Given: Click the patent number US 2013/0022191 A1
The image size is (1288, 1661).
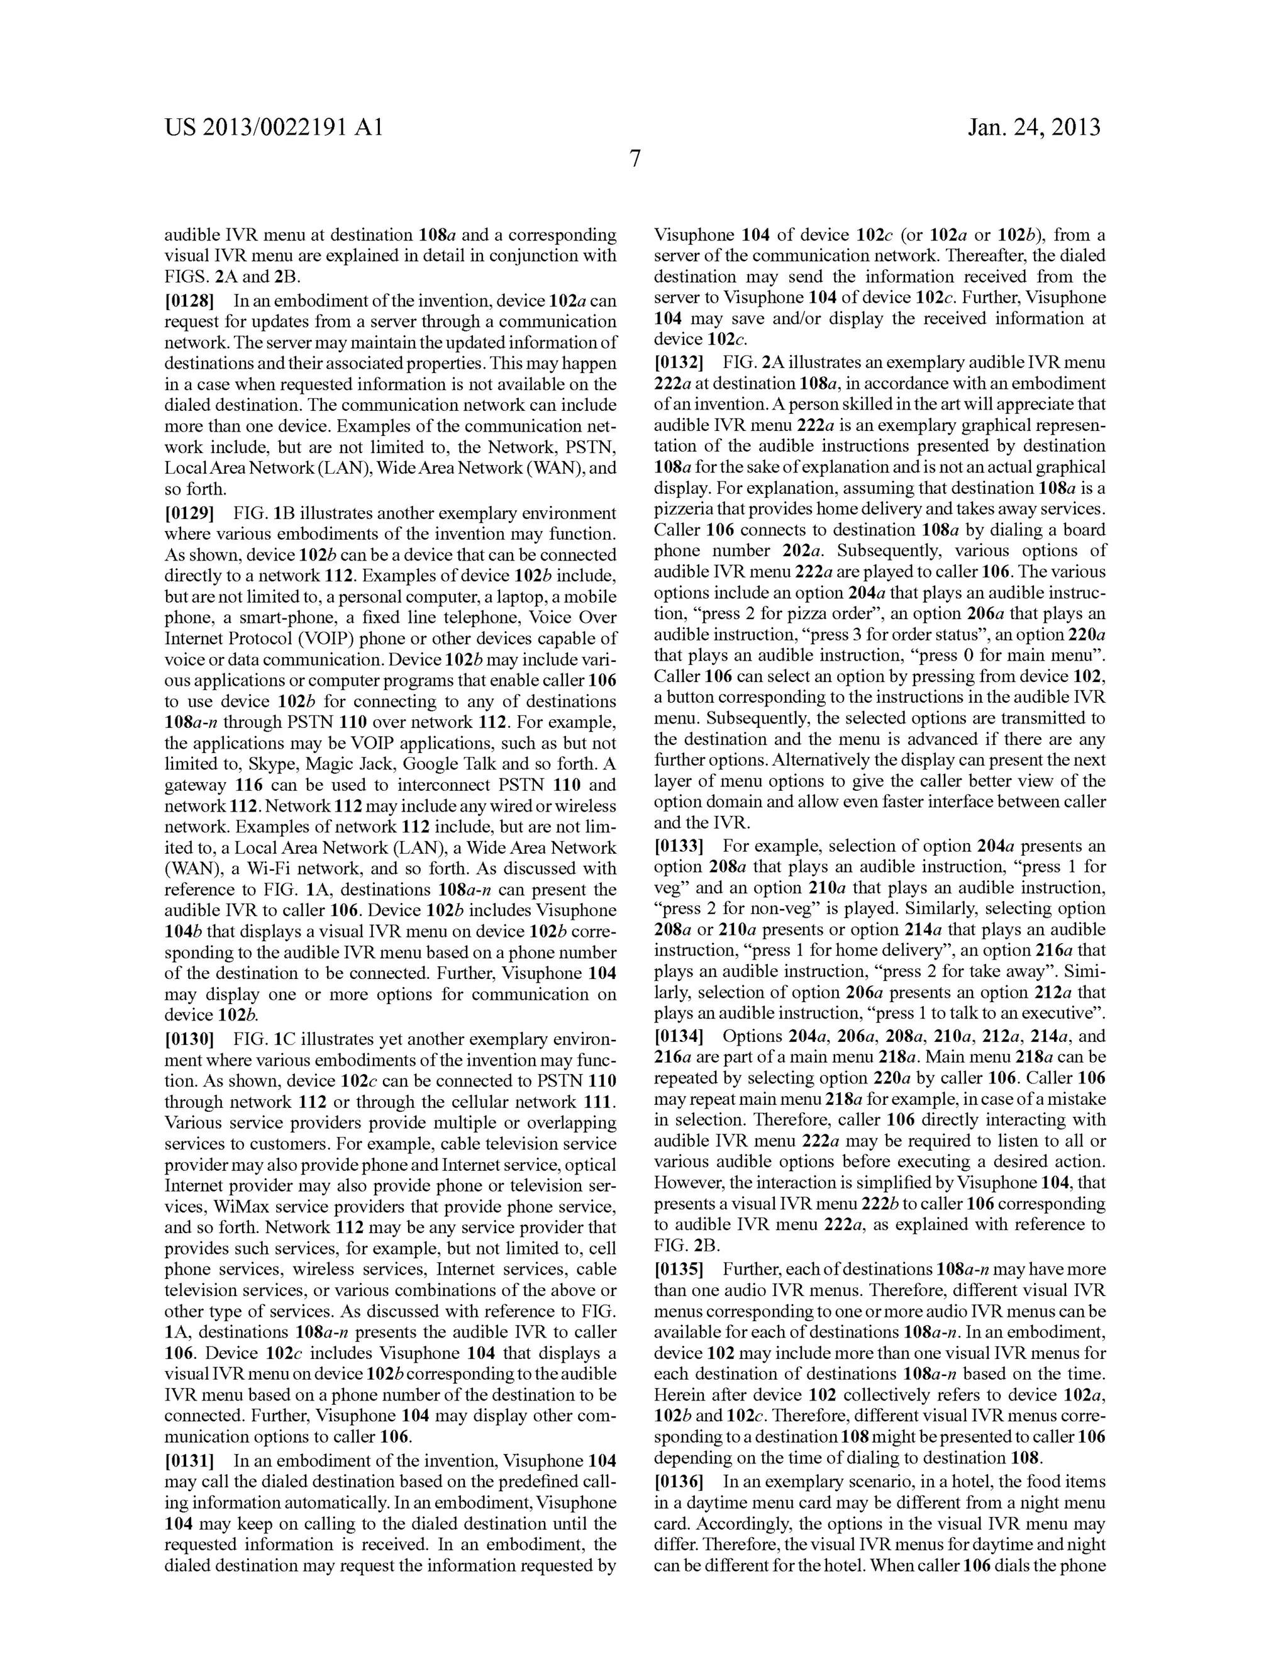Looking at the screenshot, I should tap(274, 127).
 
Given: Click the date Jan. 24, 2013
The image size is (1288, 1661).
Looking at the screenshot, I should tap(1034, 127).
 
